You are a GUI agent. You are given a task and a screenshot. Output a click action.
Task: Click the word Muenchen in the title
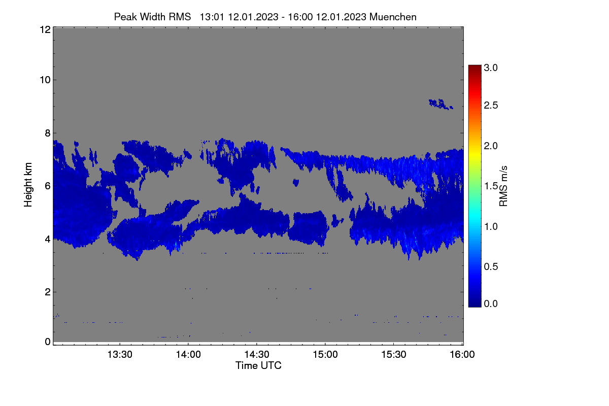pos(393,17)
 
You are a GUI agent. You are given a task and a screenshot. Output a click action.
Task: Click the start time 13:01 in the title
pos(212,17)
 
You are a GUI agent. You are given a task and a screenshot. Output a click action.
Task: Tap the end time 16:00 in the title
pos(300,17)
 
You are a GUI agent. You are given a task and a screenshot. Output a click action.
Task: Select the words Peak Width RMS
pos(152,17)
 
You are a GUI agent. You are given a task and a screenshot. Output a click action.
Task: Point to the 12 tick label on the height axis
pos(45,29)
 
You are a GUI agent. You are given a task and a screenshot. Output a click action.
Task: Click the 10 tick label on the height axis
pos(45,80)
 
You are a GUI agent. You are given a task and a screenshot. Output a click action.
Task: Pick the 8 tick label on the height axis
pos(48,133)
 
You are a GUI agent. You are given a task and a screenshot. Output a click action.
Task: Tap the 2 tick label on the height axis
pos(48,292)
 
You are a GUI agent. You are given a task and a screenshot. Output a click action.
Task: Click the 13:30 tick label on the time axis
pos(120,354)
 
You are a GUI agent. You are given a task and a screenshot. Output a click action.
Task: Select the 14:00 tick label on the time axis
pos(188,354)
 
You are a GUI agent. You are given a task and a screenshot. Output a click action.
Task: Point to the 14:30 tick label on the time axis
pos(257,354)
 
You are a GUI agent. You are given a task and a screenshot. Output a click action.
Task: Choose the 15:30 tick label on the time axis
pos(393,354)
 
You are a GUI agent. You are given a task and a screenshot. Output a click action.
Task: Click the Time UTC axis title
pos(258,365)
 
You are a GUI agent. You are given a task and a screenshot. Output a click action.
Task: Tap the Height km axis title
pos(28,185)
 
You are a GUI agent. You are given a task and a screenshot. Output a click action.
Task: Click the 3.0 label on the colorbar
pos(491,67)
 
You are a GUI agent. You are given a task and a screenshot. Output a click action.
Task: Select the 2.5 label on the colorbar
pos(491,105)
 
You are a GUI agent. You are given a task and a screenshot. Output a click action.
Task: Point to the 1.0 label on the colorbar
pos(491,226)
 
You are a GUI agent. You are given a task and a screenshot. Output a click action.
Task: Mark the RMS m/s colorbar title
pos(503,186)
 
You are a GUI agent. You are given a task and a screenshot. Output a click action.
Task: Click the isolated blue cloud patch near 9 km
pos(441,104)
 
